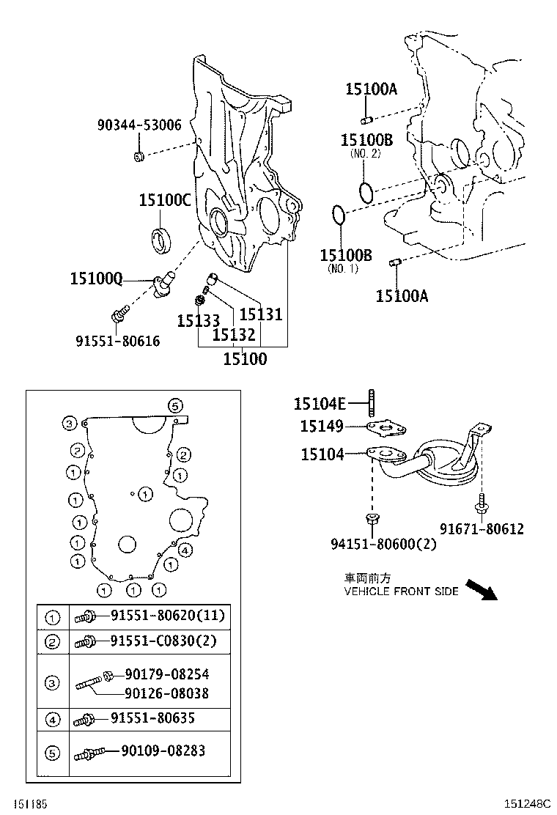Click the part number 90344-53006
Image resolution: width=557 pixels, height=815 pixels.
(x=139, y=125)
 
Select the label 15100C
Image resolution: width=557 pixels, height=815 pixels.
(x=165, y=199)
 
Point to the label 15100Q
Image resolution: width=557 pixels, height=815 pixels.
(x=96, y=278)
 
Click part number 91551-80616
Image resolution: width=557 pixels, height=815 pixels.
(x=117, y=341)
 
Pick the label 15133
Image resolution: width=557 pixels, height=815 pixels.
(x=198, y=320)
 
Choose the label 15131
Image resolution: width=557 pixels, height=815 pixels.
(x=260, y=314)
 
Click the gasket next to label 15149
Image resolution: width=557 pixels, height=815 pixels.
(x=388, y=427)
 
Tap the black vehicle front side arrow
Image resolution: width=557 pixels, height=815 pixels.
(x=482, y=589)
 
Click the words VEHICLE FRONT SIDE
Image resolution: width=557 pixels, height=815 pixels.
(x=401, y=591)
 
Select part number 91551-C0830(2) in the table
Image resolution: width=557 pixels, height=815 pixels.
(x=163, y=641)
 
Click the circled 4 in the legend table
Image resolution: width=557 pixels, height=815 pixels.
(x=52, y=720)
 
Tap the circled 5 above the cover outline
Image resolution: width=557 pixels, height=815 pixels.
(x=174, y=405)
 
